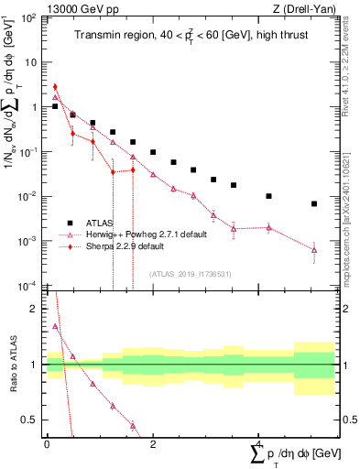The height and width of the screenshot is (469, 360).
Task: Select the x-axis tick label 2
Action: (153, 443)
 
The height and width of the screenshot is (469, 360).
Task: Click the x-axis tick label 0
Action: (47, 443)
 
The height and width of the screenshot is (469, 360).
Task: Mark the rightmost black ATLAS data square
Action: (313, 203)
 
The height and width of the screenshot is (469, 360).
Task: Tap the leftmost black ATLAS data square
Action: (55, 106)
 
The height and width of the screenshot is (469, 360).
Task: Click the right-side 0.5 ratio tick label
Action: (346, 420)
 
